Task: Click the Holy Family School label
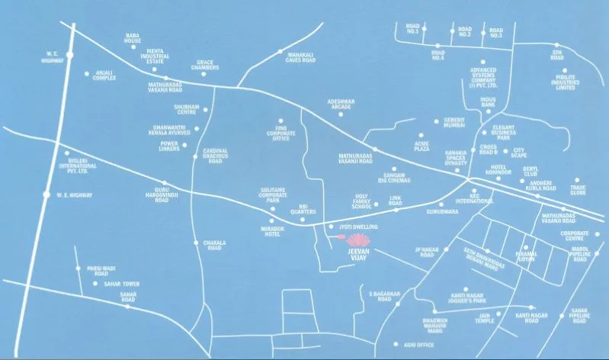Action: click(x=361, y=203)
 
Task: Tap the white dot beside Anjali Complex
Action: click(x=86, y=74)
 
